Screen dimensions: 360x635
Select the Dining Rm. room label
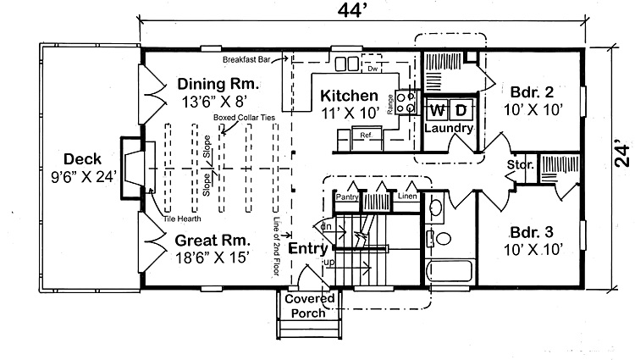click(218, 85)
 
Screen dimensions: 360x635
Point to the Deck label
click(82, 158)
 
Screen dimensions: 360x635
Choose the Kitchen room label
click(349, 95)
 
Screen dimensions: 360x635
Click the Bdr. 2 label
click(531, 91)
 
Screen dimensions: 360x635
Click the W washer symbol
click(436, 110)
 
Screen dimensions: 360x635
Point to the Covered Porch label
click(309, 306)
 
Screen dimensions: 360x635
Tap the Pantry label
click(347, 197)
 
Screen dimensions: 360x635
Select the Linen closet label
click(407, 197)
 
